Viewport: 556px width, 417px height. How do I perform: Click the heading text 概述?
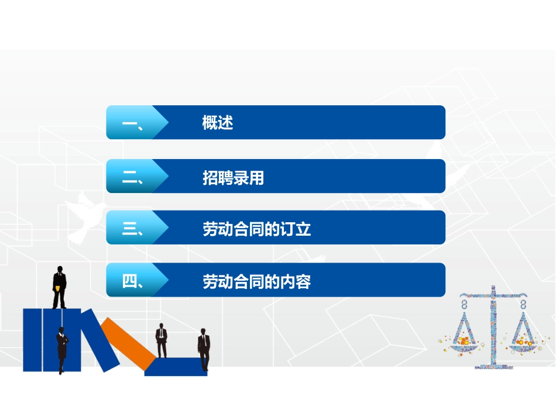coord(218,123)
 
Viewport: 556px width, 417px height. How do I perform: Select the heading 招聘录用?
coord(233,177)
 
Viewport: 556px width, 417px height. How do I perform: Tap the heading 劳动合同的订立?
coord(256,229)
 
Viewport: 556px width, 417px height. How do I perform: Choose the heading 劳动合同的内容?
coord(256,282)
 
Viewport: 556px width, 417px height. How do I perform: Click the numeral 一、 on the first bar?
coord(133,123)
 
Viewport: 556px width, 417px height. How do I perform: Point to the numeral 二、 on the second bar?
coord(133,177)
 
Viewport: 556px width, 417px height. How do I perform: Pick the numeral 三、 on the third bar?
coord(133,229)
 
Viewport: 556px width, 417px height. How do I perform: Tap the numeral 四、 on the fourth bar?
coord(133,282)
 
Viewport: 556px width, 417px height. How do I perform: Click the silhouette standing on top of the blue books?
coord(59,287)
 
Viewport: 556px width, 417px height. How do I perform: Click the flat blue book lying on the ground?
coord(176,367)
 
